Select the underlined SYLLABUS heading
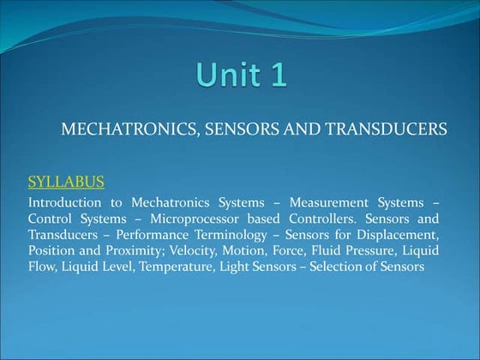coord(67,182)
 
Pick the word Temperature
coord(183,267)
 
